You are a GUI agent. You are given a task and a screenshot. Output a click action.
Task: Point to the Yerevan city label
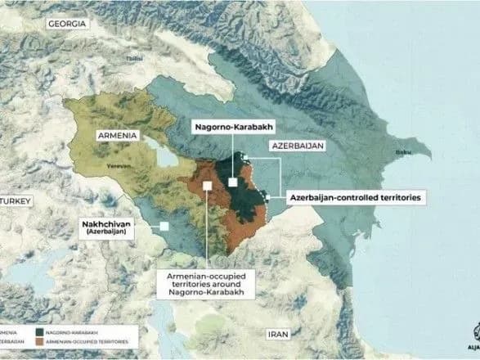tap(119, 163)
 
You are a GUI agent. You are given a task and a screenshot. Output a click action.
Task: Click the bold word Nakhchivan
tap(109, 223)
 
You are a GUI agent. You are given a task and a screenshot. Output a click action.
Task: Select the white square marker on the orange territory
tap(208, 186)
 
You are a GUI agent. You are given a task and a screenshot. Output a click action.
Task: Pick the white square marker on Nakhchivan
tap(165, 226)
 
